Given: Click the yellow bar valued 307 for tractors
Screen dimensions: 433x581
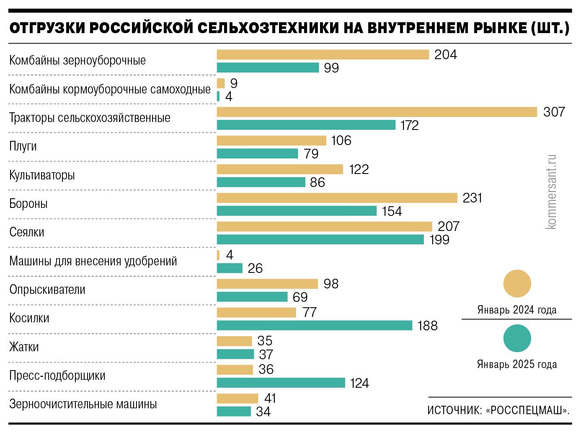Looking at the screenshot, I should pos(377,112).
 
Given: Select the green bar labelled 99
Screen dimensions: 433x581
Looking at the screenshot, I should pos(268,67).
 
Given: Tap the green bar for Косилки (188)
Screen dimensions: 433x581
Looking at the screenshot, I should pos(314,325).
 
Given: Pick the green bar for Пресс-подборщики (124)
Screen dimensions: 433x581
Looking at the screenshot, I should pos(281,383).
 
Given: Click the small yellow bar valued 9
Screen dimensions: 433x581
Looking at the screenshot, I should pos(221,83).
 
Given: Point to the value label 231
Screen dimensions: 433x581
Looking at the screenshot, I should pos(473,198).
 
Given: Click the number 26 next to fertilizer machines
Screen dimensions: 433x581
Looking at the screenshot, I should pos(255,268).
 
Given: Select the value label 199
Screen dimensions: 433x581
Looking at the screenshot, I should pos(439,240).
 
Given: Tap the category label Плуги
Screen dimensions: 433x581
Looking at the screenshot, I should pos(23,146).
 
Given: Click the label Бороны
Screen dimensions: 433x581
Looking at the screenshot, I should pos(28,204).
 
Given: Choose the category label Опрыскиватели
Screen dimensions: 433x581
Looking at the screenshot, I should pos(47,290).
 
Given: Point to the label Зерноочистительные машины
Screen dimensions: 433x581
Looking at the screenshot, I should pos(83,404).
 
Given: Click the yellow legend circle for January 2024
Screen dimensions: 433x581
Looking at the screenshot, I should pos(517,284).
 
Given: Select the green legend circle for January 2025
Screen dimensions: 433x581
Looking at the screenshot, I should pos(517,338).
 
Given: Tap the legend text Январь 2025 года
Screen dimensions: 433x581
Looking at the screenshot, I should pos(517,364).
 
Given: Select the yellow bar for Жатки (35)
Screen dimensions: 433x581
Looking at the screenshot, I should pos(234,341).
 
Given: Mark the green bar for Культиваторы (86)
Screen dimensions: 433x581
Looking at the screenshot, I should pos(261,182).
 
